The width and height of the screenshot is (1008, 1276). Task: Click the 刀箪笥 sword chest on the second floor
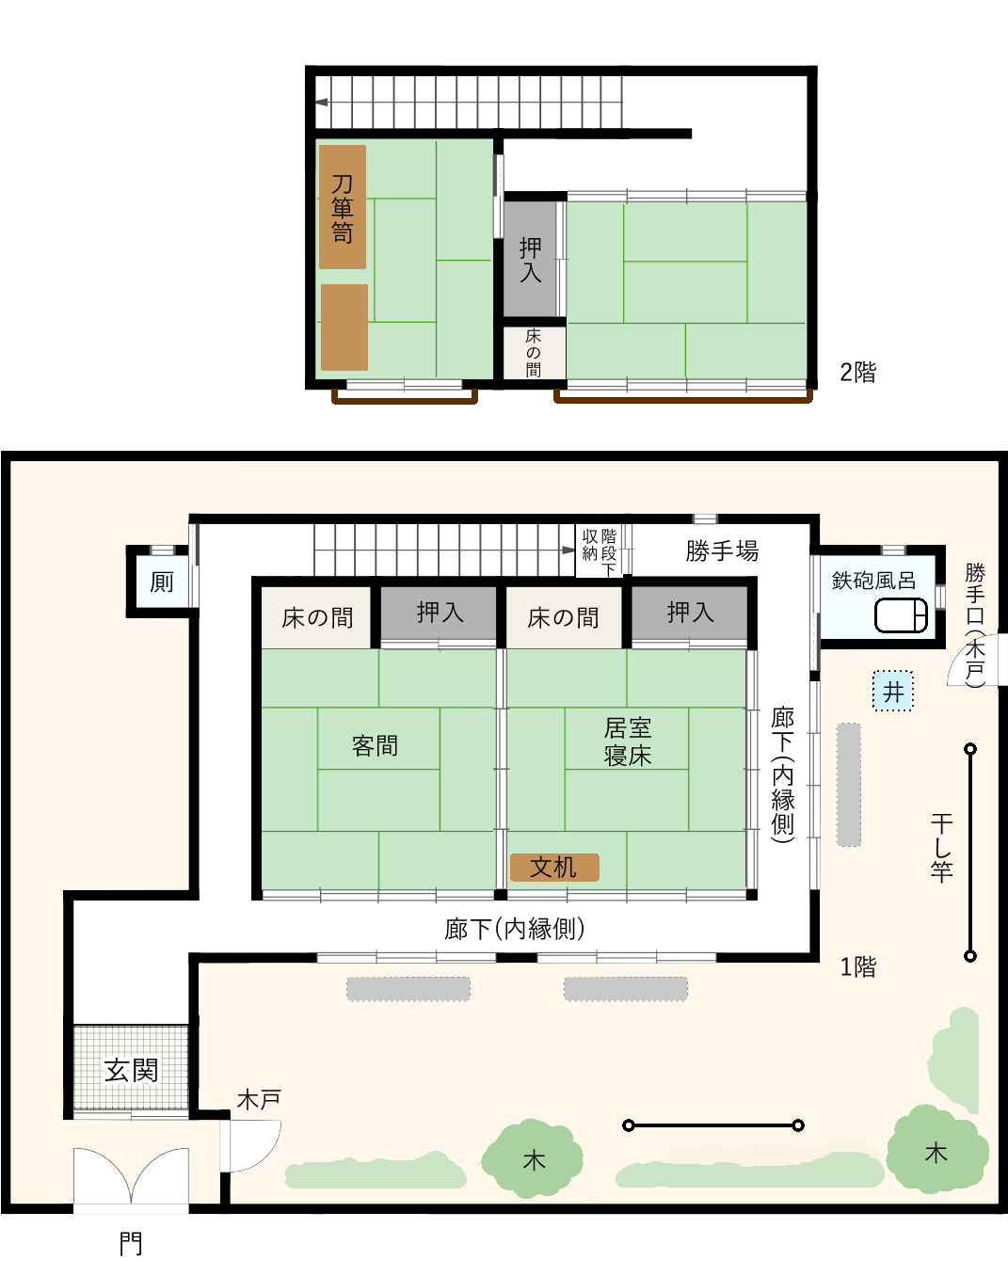(343, 207)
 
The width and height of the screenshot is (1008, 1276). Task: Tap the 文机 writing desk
(554, 867)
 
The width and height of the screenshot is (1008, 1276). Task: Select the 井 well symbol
(892, 692)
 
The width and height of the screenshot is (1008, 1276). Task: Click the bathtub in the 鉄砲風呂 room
(901, 615)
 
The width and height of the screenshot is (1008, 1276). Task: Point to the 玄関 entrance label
(131, 1070)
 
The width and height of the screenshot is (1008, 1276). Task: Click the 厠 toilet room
(162, 582)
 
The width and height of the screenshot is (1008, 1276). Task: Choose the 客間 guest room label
(375, 746)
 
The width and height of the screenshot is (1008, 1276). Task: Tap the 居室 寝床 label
(627, 742)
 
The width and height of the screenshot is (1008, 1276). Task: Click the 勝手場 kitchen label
(722, 550)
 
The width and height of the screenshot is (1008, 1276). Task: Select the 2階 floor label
(857, 373)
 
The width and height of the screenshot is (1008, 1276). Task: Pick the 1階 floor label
(857, 966)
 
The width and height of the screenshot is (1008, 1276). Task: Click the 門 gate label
(131, 1244)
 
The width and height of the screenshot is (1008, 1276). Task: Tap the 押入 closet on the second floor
(531, 260)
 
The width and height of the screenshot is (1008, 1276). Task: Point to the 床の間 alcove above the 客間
(317, 618)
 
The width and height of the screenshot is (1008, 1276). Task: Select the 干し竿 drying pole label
(941, 847)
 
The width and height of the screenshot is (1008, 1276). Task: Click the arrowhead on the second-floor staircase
(322, 103)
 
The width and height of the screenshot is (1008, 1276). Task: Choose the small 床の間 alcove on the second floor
(534, 352)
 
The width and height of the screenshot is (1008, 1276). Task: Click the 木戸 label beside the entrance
(259, 1099)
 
